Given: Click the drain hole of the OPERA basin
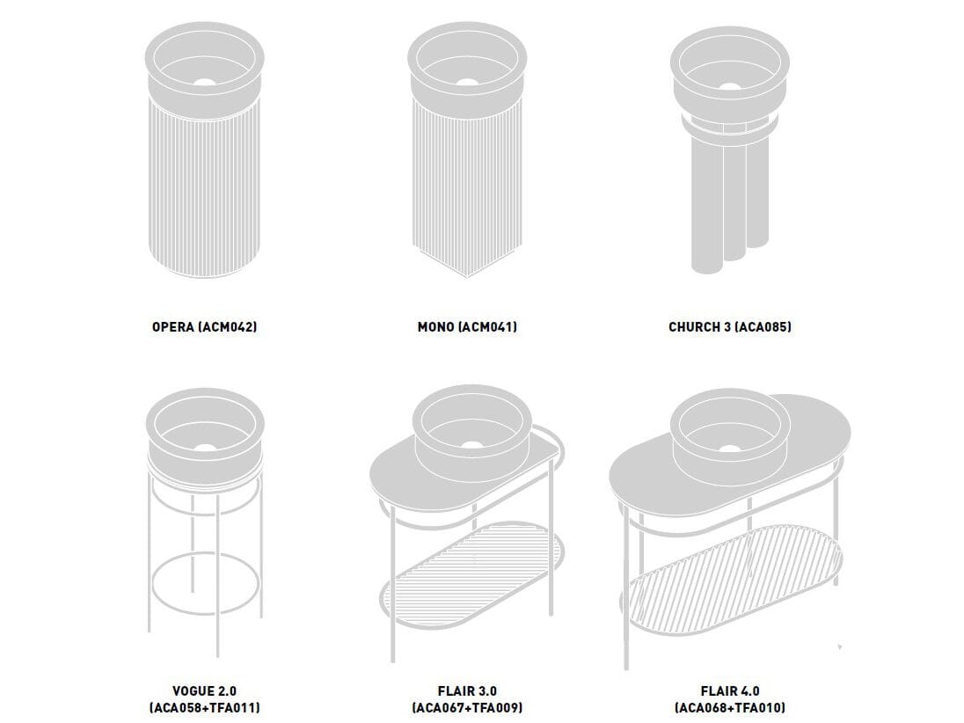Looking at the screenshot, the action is click(205, 82).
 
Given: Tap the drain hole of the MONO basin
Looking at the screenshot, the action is click(467, 83).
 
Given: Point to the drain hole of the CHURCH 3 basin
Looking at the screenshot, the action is click(730, 87).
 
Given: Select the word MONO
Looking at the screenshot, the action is click(436, 326).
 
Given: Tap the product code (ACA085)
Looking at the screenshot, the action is click(763, 326).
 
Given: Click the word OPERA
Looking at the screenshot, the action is click(172, 326).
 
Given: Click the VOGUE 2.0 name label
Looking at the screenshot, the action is click(205, 691).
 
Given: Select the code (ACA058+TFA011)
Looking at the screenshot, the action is click(205, 708).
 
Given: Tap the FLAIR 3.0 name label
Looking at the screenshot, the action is click(467, 691).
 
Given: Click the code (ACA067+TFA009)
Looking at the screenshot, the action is click(467, 708).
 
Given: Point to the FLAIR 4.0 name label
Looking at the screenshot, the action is click(730, 691).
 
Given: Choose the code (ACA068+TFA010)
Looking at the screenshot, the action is click(730, 708).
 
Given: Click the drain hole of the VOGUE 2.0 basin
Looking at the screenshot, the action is click(205, 447).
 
